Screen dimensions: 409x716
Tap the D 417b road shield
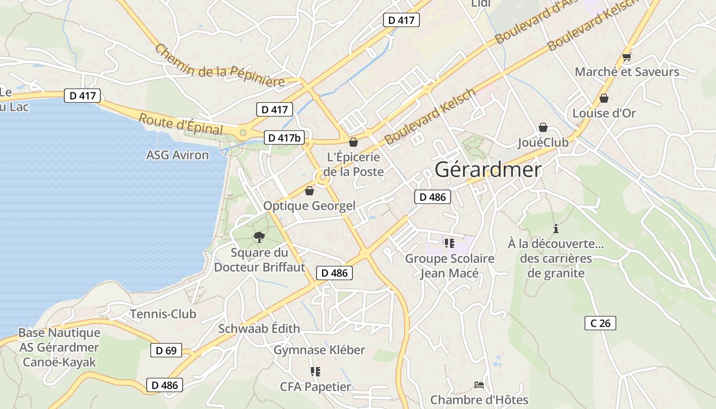(x=284, y=138)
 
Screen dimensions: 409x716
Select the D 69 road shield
(x=166, y=350)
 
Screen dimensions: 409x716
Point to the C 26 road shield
(x=600, y=323)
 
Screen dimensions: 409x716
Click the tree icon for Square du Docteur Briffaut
(x=259, y=237)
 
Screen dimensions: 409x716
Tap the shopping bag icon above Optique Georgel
(x=309, y=191)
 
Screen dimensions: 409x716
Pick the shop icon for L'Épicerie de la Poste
(x=353, y=142)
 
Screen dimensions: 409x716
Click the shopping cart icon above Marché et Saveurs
(x=626, y=57)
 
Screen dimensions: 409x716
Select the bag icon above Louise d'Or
(x=604, y=98)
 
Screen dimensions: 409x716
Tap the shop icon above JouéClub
(x=543, y=127)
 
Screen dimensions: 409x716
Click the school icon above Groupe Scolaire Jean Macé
(x=450, y=243)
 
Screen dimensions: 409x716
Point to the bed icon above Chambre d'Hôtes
(x=479, y=384)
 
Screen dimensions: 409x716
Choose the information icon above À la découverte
(x=556, y=229)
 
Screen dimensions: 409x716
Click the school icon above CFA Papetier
(x=316, y=372)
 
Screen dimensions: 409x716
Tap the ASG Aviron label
(x=177, y=155)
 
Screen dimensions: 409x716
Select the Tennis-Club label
(x=163, y=314)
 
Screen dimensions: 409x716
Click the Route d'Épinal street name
(x=181, y=124)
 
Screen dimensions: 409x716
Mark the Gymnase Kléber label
(x=319, y=350)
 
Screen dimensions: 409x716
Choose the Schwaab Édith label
(x=259, y=328)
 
